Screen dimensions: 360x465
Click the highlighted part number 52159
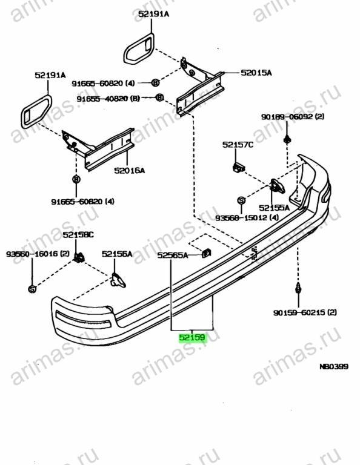click(x=192, y=337)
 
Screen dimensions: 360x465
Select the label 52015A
click(x=256, y=73)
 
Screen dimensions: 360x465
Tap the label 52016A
click(x=130, y=171)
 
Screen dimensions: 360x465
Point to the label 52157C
click(x=238, y=145)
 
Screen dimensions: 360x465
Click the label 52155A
click(x=274, y=208)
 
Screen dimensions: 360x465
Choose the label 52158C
click(x=78, y=235)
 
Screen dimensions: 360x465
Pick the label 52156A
click(x=117, y=254)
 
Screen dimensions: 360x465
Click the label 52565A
click(x=173, y=255)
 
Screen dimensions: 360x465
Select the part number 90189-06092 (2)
click(x=293, y=116)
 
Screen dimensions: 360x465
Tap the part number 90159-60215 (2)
click(x=305, y=312)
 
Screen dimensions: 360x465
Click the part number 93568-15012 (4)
click(x=247, y=218)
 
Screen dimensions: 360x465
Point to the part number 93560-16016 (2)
click(x=38, y=254)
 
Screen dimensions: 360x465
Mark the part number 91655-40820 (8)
click(x=108, y=99)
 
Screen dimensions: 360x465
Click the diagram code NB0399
click(x=334, y=366)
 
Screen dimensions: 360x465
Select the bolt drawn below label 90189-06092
click(x=287, y=139)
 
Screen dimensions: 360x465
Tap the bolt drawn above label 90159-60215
click(x=298, y=289)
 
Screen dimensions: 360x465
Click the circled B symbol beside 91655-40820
click(x=159, y=97)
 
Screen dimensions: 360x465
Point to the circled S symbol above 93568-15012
click(x=241, y=200)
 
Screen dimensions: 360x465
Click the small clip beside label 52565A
click(x=206, y=253)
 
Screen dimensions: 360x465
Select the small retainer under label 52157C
click(x=239, y=167)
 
